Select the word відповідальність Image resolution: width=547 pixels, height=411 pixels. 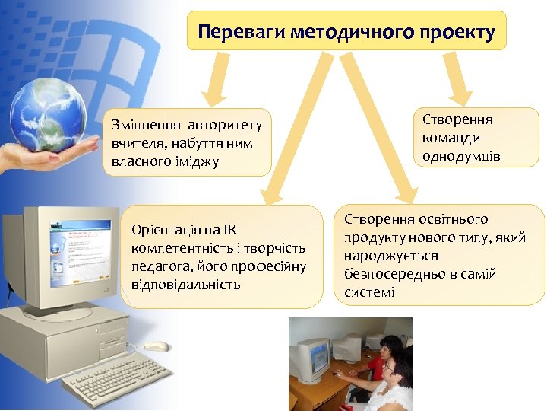pyautogui.click(x=185, y=285)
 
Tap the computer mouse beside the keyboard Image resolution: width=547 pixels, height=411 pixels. pyautogui.click(x=157, y=347)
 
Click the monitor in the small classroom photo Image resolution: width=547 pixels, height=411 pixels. pyautogui.click(x=312, y=358)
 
